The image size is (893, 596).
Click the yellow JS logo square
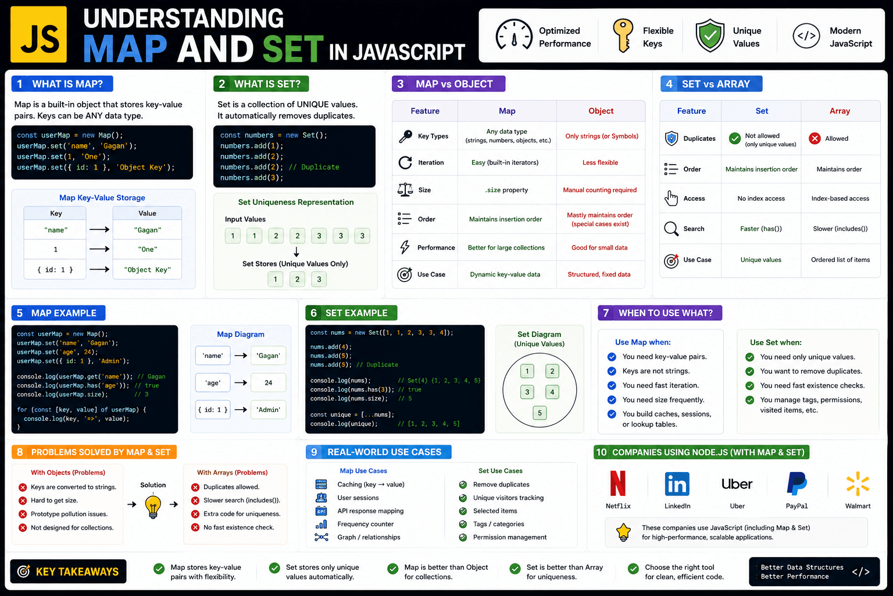click(39, 34)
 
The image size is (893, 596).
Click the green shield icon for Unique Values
click(710, 36)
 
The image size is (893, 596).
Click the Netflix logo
click(618, 484)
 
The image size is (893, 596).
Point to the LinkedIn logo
click(677, 484)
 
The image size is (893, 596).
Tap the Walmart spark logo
click(858, 484)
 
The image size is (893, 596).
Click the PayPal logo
click(796, 484)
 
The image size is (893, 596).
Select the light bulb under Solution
click(153, 506)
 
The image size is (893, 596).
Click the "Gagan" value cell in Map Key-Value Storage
click(148, 230)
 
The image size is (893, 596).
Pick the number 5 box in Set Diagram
click(540, 413)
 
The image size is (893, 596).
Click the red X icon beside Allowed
click(815, 139)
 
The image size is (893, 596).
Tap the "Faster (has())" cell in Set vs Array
click(761, 229)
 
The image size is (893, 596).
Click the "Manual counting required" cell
click(600, 190)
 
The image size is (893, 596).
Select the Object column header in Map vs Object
click(601, 111)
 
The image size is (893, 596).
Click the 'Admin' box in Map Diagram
click(268, 410)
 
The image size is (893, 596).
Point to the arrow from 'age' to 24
click(240, 383)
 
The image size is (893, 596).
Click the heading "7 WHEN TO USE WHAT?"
click(660, 313)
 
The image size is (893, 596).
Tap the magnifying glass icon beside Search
click(671, 229)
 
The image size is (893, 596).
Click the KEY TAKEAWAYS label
click(69, 572)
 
